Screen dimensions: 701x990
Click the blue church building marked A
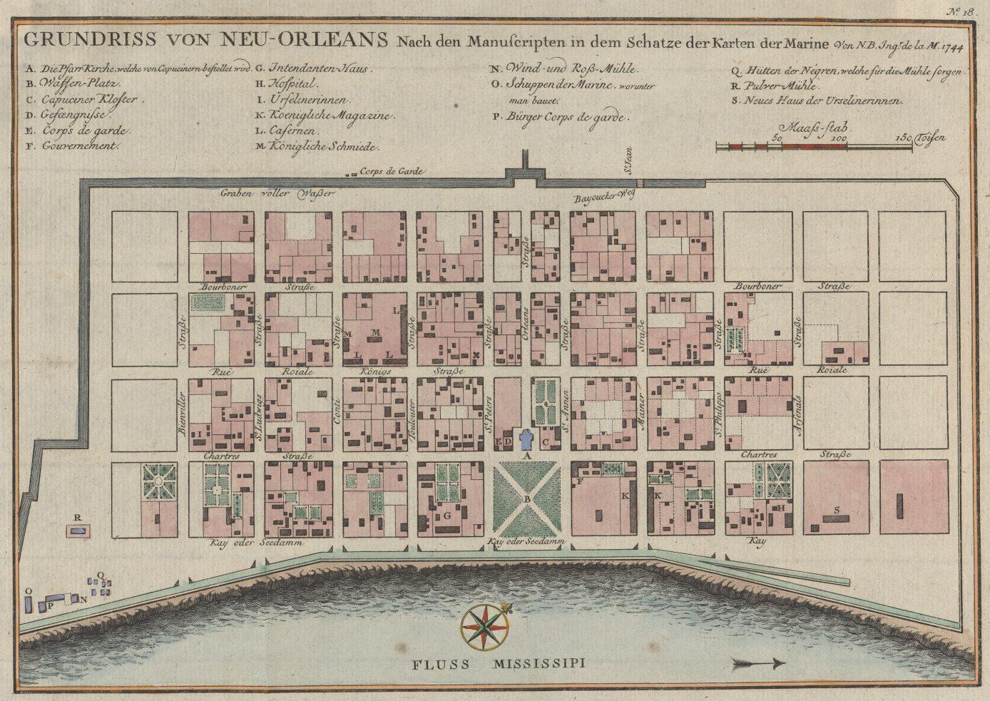click(x=527, y=439)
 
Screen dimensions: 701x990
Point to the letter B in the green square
click(x=526, y=501)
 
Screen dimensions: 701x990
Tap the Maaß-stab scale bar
click(x=814, y=146)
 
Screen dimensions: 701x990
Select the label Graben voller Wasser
click(x=277, y=192)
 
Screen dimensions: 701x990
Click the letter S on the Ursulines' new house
click(x=836, y=509)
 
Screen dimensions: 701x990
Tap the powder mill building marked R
click(x=78, y=530)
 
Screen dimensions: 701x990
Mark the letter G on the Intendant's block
click(x=447, y=514)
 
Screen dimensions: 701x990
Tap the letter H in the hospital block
click(x=781, y=508)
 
